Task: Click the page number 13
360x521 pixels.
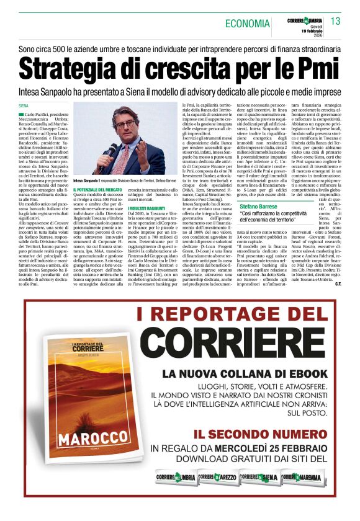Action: (335, 21)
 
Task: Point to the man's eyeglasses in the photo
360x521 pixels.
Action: (127, 124)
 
